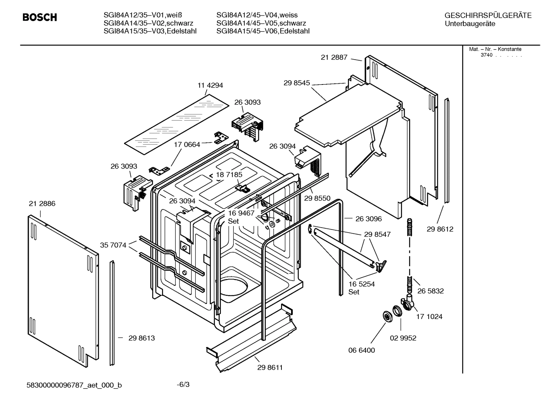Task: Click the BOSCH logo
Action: coord(40,17)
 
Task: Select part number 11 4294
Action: coord(210,86)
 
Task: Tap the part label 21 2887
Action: coord(334,57)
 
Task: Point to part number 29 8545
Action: coord(297,83)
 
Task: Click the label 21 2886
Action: coord(42,204)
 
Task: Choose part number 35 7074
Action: coord(113,245)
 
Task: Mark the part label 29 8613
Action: coord(141,338)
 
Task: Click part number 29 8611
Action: coord(270,367)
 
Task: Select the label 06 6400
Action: coord(361,350)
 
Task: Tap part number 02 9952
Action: coord(403,338)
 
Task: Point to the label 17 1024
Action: coord(429,317)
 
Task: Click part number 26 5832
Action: coord(430,291)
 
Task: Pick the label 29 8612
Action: coord(440,229)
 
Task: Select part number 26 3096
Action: coord(368,219)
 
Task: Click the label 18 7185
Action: coord(229,174)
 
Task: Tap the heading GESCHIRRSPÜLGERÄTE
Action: coord(488,16)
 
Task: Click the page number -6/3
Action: coord(183,385)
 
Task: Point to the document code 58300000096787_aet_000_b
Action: coord(74,385)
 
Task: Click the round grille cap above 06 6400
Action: coord(386,316)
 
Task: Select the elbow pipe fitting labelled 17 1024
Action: coord(408,303)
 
